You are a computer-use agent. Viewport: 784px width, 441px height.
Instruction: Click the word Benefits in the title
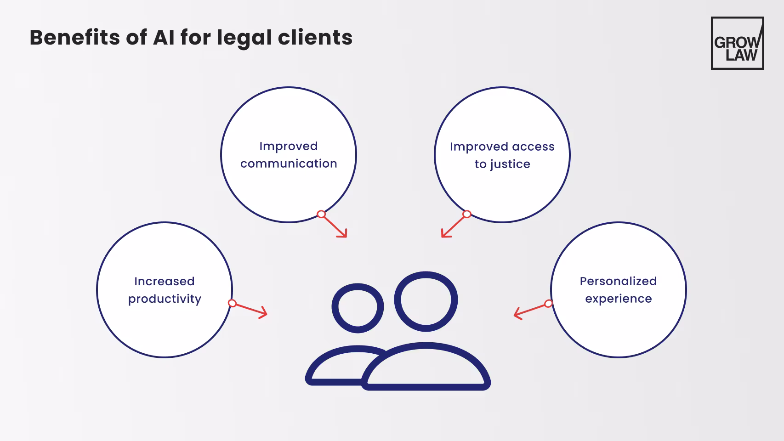(x=74, y=37)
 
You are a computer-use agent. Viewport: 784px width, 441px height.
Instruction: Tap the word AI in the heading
(x=164, y=37)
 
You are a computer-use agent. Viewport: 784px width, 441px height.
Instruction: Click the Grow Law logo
(x=737, y=43)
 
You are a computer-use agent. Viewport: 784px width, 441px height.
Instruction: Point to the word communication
(x=289, y=164)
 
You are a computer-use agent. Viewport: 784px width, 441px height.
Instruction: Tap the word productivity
(x=165, y=299)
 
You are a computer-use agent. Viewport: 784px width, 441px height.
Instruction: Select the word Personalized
(x=618, y=281)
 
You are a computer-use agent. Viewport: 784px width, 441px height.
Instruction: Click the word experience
(x=619, y=299)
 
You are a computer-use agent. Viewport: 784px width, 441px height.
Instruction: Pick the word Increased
(x=165, y=282)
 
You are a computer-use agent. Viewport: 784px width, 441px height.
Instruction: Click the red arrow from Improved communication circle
(x=334, y=226)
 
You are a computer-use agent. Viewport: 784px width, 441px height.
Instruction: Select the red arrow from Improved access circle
(x=454, y=225)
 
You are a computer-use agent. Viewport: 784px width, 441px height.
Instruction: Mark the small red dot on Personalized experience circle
(x=548, y=304)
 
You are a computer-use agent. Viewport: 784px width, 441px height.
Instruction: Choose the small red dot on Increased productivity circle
(x=233, y=304)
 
